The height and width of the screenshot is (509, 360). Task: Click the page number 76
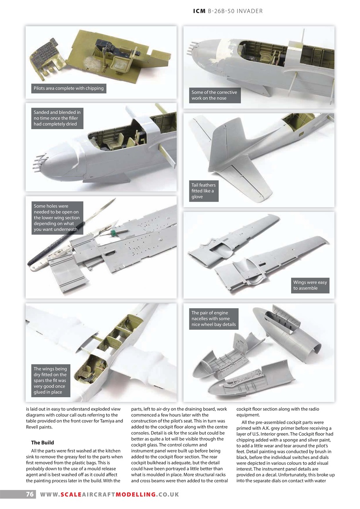coord(29,494)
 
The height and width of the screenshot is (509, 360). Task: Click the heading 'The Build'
coord(42,443)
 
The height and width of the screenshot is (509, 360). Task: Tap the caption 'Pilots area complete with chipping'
coord(68,88)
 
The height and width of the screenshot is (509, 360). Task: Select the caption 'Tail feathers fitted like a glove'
coord(203,191)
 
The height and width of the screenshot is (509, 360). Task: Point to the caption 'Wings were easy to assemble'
coord(310,285)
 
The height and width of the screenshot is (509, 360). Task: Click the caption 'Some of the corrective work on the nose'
coord(214,95)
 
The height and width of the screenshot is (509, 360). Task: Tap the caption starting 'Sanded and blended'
coord(57,118)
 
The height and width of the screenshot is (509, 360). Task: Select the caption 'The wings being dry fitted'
coord(50,381)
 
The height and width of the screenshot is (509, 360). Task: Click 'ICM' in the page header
coord(199,11)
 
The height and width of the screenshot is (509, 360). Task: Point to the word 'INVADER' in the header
coord(249,11)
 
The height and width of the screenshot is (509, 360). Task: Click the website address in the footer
coord(109,494)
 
